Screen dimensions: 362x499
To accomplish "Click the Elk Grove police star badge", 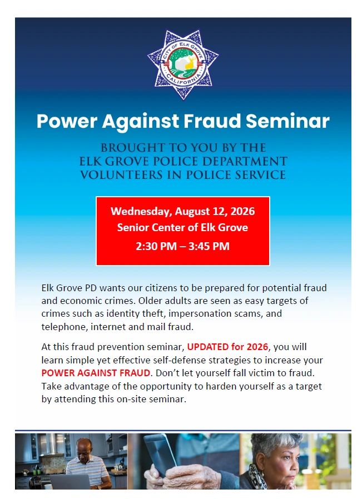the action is click(x=183, y=64).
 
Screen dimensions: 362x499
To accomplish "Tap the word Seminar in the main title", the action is click(x=287, y=121).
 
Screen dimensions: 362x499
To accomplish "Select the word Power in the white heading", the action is click(x=67, y=121).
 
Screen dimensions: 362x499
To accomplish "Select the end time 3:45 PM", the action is click(x=209, y=246).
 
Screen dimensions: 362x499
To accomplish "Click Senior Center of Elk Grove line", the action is click(x=182, y=227).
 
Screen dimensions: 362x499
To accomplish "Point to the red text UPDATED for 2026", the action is click(x=227, y=347).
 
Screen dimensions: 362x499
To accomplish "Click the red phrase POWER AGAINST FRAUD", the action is click(x=96, y=373).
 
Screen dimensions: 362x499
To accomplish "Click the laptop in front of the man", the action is click(x=70, y=482).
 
